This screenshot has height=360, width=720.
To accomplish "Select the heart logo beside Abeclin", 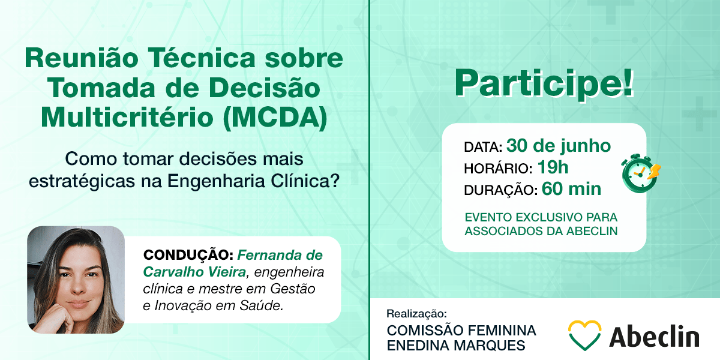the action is [584, 335].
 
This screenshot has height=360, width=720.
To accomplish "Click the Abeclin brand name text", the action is [654, 336].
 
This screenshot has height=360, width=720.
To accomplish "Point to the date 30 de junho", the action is [559, 146].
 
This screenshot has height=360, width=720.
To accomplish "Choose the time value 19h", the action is [553, 167].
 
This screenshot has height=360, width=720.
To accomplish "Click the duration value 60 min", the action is [571, 189].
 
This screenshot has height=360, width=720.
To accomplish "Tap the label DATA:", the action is [483, 147].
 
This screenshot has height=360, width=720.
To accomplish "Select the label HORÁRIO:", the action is [498, 169].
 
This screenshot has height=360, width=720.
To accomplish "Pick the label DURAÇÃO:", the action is [501, 190].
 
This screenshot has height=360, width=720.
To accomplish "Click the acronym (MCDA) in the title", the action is [275, 118].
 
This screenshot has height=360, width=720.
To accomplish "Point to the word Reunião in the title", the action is [82, 58].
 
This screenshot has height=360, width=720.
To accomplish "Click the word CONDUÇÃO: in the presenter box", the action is [188, 255].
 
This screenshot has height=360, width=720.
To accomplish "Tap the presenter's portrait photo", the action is [76, 280].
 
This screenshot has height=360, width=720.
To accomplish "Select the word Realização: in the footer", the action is [416, 314].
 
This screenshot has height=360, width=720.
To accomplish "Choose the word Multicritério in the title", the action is [127, 118].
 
